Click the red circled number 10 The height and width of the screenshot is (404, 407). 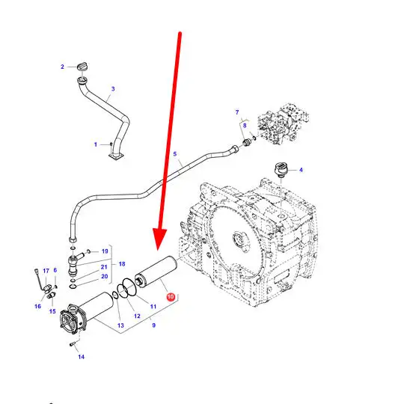pyautogui.click(x=171, y=297)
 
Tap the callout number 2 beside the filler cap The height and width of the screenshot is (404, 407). pyautogui.click(x=62, y=67)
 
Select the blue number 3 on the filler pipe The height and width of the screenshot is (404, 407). pyautogui.click(x=113, y=89)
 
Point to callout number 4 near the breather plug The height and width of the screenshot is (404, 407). pyautogui.click(x=301, y=170)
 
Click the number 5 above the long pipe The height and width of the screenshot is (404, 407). pyautogui.click(x=174, y=154)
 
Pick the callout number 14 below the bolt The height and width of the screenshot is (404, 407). pyautogui.click(x=82, y=357)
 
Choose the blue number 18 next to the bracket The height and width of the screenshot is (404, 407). pyautogui.click(x=122, y=264)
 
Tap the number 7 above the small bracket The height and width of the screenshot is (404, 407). pyautogui.click(x=237, y=112)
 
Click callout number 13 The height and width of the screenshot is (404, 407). pyautogui.click(x=120, y=325)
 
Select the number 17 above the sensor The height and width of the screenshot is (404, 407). pyautogui.click(x=46, y=271)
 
